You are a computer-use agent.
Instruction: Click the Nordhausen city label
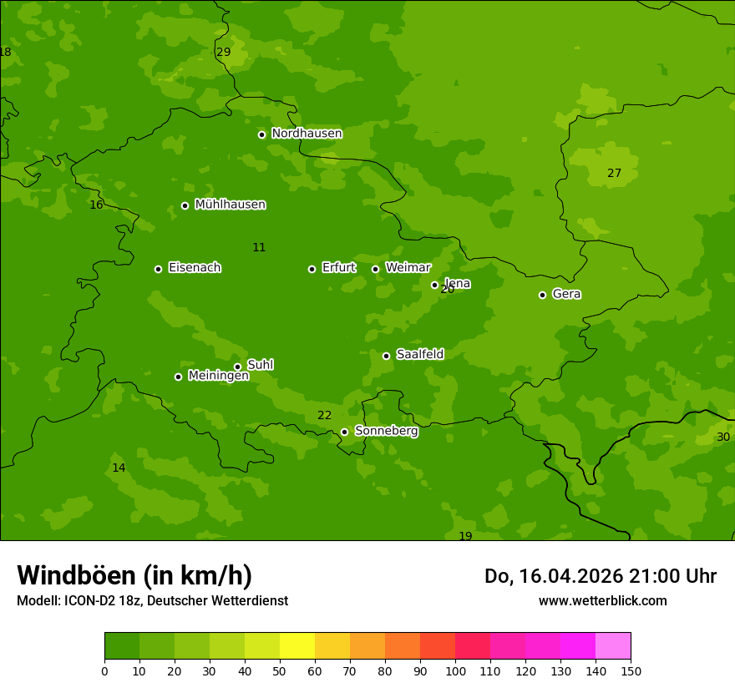307,134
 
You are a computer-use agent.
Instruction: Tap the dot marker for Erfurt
312,269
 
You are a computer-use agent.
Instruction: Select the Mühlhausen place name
230,205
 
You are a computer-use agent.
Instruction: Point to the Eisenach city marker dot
158,269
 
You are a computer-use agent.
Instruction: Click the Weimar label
408,268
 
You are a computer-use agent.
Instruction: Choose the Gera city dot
542,295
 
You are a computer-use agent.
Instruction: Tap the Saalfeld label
419,355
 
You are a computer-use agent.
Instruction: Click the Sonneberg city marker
344,432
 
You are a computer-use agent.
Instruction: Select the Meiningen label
218,376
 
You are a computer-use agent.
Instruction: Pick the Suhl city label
260,365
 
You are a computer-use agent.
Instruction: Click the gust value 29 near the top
224,52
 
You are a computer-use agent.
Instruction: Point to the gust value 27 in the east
614,174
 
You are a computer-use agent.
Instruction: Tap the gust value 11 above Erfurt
259,248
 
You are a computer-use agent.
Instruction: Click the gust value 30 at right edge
723,438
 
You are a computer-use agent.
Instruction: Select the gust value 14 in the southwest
119,468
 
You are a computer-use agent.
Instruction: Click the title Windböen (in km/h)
134,576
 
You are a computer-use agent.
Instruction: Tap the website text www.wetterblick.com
602,601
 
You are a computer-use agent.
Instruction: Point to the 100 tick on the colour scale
455,670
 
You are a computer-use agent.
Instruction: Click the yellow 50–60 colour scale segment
297,646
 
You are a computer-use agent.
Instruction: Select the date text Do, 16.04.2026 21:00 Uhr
600,576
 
